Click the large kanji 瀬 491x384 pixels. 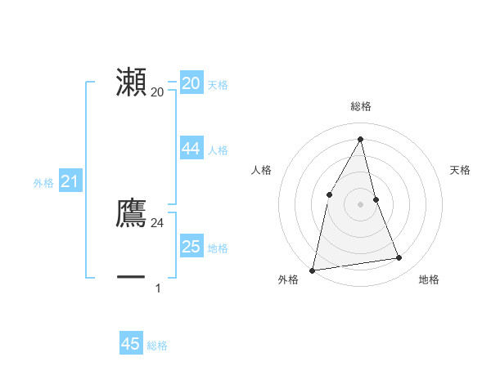point(131,83)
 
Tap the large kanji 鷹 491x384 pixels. point(131,213)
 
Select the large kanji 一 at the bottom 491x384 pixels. point(131,278)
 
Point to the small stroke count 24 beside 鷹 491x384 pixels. point(157,222)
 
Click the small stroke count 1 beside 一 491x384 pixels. point(158,288)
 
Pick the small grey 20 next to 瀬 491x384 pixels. point(157,92)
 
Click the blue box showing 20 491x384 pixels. point(191,83)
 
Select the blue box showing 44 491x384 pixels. point(191,148)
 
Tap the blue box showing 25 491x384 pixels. point(191,246)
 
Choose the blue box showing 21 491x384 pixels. point(70,181)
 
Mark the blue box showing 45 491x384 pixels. point(131,344)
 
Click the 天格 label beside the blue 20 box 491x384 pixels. point(218,85)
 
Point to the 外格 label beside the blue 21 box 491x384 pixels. point(43,184)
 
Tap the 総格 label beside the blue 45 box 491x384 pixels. point(157,346)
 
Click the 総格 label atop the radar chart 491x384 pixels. point(360,106)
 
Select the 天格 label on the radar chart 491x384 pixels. point(460,170)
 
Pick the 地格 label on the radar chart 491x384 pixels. point(429,279)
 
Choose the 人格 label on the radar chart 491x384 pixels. point(261,170)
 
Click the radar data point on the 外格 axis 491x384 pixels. point(312,270)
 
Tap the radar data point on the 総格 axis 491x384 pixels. point(360,138)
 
